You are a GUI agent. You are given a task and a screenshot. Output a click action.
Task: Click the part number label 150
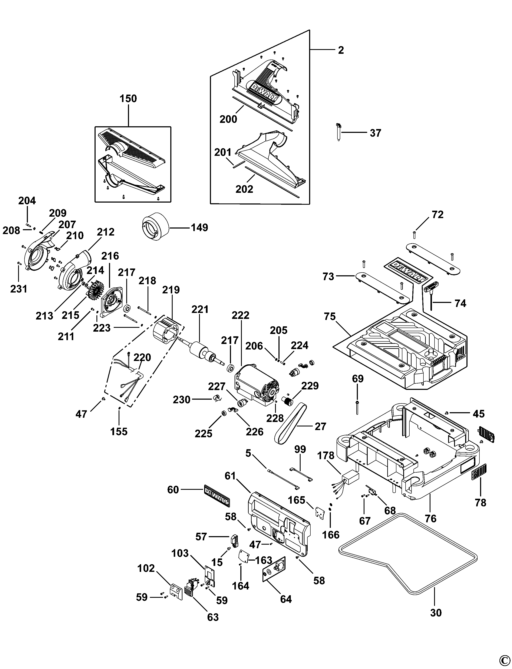point(128,99)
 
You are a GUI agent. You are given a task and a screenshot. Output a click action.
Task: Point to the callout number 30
point(436,612)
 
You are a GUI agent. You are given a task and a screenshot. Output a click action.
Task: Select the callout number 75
point(330,317)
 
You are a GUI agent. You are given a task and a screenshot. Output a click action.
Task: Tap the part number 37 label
point(376,133)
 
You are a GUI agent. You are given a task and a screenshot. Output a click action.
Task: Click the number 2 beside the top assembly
point(341,50)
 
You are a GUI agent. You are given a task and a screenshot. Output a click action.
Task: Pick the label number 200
point(228,119)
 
